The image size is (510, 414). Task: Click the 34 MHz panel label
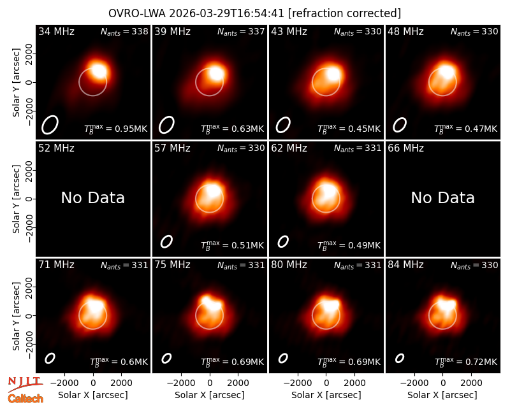pos(56,32)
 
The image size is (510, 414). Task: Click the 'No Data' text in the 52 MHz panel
pos(93,198)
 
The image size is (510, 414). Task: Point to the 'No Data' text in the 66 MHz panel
pos(443,198)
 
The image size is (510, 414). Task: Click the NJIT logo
pos(25,384)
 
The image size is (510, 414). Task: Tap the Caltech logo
pos(25,399)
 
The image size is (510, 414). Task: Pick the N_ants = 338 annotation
pos(124,32)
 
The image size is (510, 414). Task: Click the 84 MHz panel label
pos(405,265)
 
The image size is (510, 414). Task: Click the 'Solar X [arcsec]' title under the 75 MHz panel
pos(210,395)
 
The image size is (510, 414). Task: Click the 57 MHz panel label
pos(172,148)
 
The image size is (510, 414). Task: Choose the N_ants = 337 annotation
pos(241,32)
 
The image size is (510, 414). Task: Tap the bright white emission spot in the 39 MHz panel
pos(216,74)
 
